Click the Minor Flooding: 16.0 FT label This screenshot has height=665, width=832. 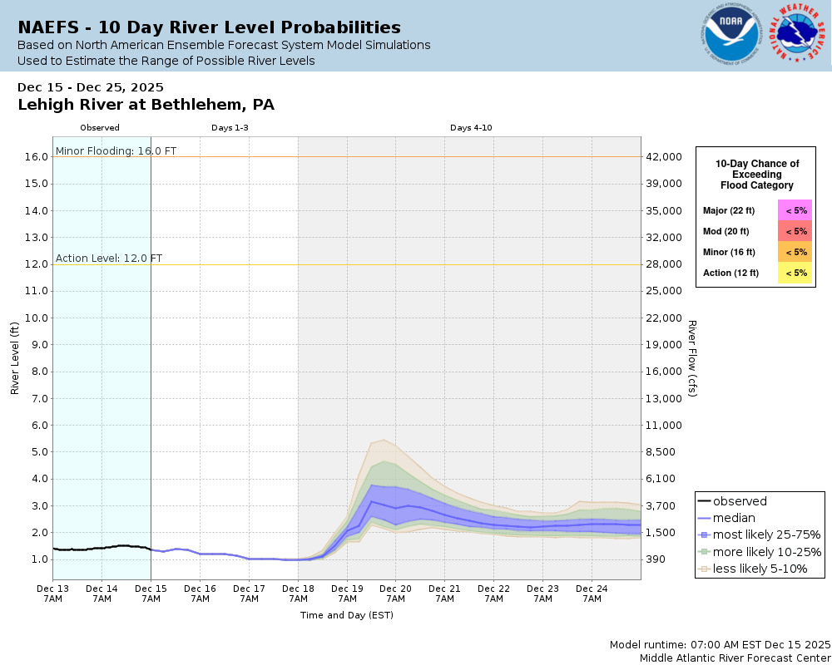[x=116, y=151]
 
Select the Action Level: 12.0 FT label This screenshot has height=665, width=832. [x=109, y=259]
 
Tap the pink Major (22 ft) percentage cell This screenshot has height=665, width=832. [x=795, y=211]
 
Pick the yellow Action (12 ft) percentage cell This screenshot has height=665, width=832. [x=795, y=273]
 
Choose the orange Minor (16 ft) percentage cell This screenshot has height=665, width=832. [x=795, y=252]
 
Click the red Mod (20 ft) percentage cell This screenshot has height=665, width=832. [x=795, y=231]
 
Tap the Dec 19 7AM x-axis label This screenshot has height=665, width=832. [x=347, y=593]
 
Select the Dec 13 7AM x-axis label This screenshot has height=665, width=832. [x=52, y=593]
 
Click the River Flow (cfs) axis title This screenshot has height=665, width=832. [x=691, y=358]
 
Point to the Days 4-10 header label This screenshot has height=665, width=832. [x=471, y=128]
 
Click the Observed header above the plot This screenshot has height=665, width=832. [x=100, y=128]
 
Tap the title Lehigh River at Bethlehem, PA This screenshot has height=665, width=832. [x=146, y=105]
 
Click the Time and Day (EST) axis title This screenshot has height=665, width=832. [x=346, y=615]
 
